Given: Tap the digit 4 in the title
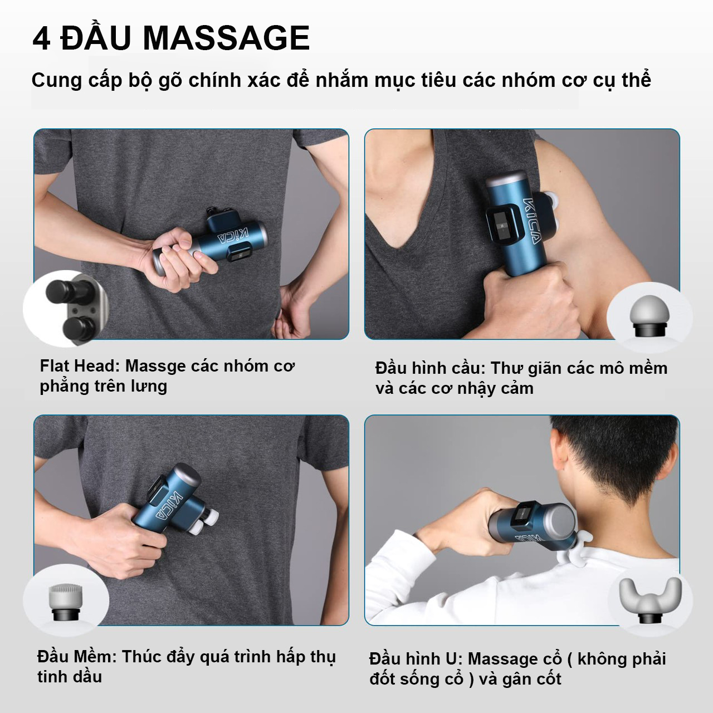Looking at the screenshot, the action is click(x=41, y=38).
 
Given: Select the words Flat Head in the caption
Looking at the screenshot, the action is click(x=78, y=366).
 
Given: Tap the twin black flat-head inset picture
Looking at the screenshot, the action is click(x=67, y=309).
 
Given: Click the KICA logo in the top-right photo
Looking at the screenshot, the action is click(x=531, y=221).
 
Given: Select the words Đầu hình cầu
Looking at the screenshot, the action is click(x=430, y=368).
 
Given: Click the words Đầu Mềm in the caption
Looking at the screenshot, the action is click(x=77, y=656).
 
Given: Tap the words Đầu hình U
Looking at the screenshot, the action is click(x=416, y=658).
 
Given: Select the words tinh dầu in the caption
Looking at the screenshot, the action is click(x=70, y=677).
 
